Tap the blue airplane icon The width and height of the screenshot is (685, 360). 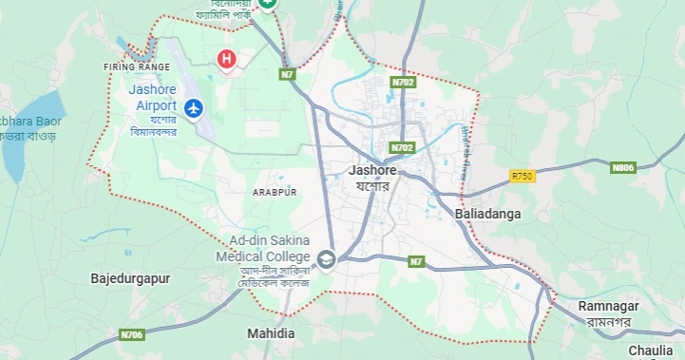195,108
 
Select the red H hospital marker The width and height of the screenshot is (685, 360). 226,60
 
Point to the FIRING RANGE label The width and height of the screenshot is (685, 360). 137,67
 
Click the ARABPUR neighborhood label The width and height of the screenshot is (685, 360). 275,192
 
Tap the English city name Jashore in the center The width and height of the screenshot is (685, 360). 372,171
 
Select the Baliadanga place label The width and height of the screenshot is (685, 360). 488,215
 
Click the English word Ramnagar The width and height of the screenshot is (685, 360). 609,306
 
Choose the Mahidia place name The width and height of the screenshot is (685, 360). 271,334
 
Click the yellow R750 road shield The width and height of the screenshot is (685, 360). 522,176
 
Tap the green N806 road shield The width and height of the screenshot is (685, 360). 622,167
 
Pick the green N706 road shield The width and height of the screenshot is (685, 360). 132,334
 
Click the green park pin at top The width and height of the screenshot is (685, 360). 269,4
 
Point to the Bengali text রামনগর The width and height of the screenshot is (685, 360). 609,322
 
